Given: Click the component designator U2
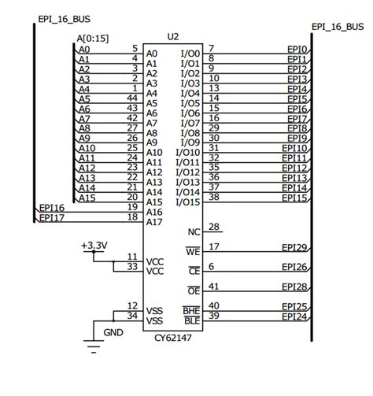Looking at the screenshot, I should tap(173, 36).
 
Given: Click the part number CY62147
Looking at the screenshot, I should tap(173, 339).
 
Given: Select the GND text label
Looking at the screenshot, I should tap(113, 332).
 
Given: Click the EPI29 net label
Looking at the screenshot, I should tap(294, 247).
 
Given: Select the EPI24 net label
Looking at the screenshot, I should tap(294, 316).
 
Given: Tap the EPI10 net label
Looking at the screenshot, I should tap(294, 148).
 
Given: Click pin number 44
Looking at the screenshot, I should tap(132, 98).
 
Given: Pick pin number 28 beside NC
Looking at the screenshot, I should tap(213, 227).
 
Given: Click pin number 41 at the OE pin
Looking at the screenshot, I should tap(213, 286).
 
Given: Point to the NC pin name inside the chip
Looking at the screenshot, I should tap(194, 232).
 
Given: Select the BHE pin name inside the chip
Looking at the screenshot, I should tap(192, 312).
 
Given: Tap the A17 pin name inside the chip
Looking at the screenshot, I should tap(154, 222).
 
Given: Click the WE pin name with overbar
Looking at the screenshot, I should tap(193, 252).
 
